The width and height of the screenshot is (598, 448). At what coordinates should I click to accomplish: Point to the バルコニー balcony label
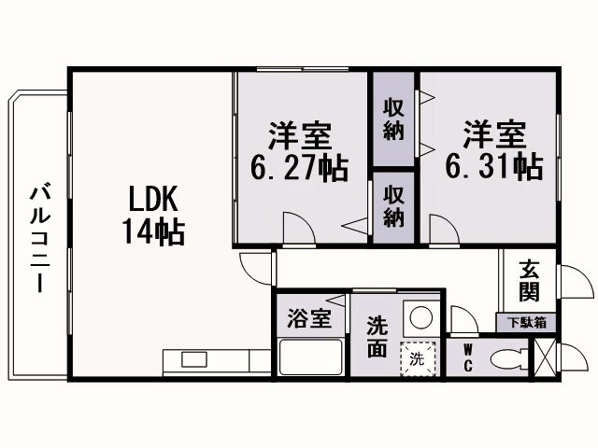39,238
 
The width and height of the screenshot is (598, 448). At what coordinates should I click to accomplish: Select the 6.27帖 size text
299,168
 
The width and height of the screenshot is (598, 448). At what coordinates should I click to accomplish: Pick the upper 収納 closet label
393,119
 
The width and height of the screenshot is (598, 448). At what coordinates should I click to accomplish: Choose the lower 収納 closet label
393,205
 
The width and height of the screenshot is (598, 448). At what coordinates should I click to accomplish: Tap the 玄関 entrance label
529,280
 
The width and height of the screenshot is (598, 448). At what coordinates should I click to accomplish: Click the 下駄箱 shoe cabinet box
528,323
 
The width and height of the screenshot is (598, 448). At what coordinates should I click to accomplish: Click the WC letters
467,359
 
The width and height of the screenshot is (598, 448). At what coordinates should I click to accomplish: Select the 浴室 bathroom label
308,318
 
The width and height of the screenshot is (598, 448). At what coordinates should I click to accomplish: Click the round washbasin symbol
420,318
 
